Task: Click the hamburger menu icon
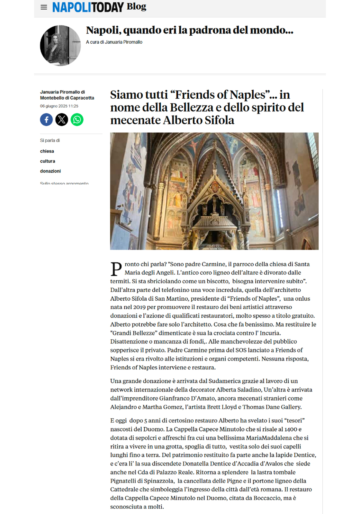point(44,7)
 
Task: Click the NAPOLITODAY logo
point(88,7)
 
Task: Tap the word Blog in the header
point(136,6)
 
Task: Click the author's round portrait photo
point(60,46)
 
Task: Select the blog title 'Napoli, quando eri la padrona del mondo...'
point(190,30)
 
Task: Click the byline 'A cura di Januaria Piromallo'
point(114,42)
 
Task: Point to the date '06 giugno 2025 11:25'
point(59,106)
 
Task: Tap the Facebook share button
point(46,120)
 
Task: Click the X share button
point(62,120)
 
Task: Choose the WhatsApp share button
point(77,120)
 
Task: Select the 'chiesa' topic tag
point(47,151)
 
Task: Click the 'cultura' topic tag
point(48,161)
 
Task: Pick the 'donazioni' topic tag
point(50,171)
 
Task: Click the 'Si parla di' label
point(50,140)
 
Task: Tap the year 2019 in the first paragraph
point(139,307)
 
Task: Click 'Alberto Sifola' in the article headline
point(199,120)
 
